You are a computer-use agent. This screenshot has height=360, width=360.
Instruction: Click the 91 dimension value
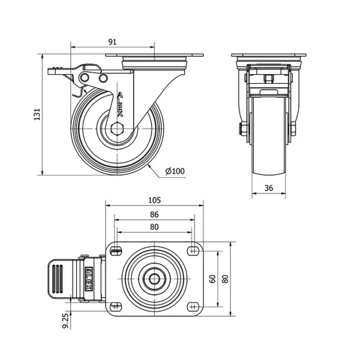112,42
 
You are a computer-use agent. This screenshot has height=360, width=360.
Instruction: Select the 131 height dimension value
37,114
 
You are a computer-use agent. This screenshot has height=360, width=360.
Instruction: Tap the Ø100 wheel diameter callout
175,171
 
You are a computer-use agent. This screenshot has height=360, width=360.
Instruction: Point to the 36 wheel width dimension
268,188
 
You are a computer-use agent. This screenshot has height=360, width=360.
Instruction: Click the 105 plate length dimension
155,200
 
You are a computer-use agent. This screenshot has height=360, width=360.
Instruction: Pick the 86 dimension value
155,214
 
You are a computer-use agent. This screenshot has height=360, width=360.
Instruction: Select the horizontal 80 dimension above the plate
155,227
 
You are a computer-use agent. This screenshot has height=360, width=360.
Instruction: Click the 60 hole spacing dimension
213,279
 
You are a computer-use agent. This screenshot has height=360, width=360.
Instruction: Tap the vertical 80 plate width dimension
226,279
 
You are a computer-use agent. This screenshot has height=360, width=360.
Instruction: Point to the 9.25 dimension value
66,321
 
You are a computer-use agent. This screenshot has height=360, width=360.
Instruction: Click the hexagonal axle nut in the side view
117,129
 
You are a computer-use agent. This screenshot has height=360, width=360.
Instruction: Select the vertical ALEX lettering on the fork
120,105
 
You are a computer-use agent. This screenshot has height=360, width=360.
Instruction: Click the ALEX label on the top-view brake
89,279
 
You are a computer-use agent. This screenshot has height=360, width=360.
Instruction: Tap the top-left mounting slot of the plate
116,251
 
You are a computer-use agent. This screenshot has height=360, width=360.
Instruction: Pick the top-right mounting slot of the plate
193,251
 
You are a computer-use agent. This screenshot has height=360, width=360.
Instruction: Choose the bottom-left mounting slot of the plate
116,307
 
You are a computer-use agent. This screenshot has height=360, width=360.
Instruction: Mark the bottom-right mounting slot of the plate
193,307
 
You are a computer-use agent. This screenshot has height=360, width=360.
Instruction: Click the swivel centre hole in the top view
155,279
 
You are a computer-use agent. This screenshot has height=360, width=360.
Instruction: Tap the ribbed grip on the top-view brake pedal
58,279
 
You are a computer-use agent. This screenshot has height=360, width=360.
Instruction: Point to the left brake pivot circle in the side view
84,77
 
